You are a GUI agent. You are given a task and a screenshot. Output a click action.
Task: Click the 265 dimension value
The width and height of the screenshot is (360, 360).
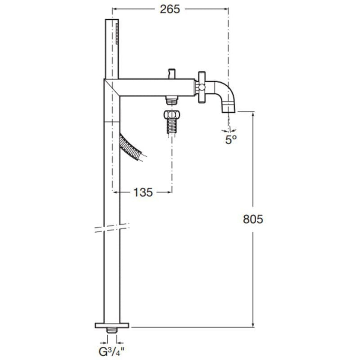click(171, 9)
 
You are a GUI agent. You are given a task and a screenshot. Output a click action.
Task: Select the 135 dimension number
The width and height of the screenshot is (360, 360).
click(142, 192)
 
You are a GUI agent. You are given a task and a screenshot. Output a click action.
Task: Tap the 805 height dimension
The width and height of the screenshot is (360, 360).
click(252, 219)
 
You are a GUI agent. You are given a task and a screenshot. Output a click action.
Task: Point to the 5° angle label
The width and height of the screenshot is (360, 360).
click(231, 139)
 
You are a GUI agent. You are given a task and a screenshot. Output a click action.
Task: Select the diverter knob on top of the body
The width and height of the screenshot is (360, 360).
click(172, 73)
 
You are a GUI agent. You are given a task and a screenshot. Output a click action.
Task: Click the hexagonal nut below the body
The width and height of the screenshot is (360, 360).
click(172, 115)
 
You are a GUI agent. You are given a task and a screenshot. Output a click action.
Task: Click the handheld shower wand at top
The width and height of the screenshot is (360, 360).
click(112, 48)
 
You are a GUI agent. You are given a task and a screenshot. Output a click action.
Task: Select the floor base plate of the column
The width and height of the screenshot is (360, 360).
click(112, 325)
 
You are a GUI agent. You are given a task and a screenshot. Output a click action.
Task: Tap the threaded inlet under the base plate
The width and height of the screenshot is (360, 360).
click(112, 331)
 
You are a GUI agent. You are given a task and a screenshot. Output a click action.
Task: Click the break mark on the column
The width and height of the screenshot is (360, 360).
click(112, 228)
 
